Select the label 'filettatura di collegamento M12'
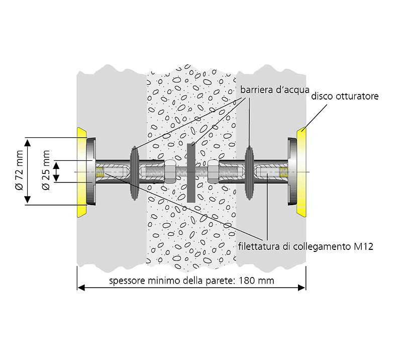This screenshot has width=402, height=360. [x=306, y=246]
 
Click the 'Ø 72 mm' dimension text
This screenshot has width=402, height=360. [x=20, y=172]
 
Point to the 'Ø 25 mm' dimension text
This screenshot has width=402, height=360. [x=46, y=171]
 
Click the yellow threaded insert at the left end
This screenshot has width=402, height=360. [x=100, y=172]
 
